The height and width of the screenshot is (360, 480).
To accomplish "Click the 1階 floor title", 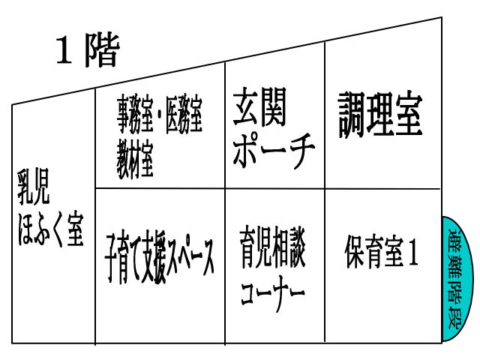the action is pyautogui.click(x=88, y=50).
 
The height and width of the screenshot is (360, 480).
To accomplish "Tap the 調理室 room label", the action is pyautogui.click(x=380, y=115).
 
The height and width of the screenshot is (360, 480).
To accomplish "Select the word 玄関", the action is pyautogui.click(x=259, y=106).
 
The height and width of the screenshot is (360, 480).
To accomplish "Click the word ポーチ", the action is pyautogui.click(x=273, y=150).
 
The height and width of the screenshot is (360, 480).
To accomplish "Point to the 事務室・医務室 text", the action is pyautogui.click(x=160, y=115).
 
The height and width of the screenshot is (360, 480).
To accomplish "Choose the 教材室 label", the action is pyautogui.click(x=135, y=160).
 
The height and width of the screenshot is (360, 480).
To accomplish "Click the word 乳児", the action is pyautogui.click(x=34, y=187).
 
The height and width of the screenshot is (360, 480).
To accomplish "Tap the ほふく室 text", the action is pyautogui.click(x=51, y=229).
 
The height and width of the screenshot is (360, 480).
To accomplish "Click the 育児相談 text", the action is pyautogui.click(x=272, y=247).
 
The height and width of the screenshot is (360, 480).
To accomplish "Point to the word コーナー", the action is pyautogui.click(x=272, y=293).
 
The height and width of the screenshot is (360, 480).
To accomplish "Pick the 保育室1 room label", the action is pyautogui.click(x=382, y=251).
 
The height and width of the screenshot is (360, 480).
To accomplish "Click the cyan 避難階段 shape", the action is pyautogui.click(x=457, y=279).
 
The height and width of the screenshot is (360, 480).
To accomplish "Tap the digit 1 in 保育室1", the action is pyautogui.click(x=412, y=252).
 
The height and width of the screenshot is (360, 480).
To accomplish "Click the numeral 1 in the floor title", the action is pyautogui.click(x=64, y=50).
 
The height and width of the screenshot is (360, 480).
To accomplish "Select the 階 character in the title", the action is pyautogui.click(x=102, y=50).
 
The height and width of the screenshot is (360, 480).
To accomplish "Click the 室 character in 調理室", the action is pyautogui.click(x=409, y=115).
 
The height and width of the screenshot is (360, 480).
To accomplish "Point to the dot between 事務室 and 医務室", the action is pyautogui.click(x=159, y=116).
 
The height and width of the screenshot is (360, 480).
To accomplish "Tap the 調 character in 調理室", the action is pyautogui.click(x=352, y=115).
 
